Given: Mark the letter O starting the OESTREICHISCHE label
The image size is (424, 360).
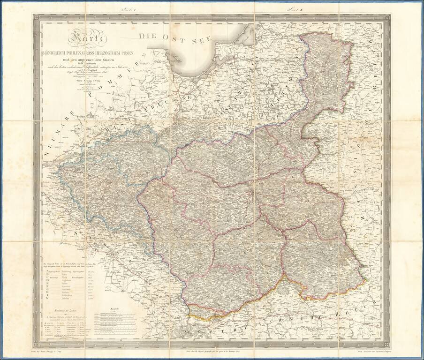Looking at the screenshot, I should click(188, 332).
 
